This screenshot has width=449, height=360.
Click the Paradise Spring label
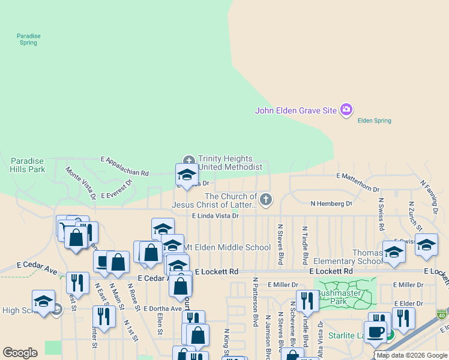click(28, 40)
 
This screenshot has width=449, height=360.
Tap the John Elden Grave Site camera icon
click(346, 110)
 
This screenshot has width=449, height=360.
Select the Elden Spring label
click(374, 121)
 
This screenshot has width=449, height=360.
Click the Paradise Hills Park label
click(28, 165)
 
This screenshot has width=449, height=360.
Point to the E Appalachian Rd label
click(124, 166)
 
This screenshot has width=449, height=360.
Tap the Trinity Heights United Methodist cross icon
click(188, 160)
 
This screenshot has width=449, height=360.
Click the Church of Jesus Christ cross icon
click(265, 198)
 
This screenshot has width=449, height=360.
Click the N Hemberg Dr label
click(331, 204)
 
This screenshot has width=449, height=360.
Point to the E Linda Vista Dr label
click(215, 215)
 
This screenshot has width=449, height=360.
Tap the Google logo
click(20, 353)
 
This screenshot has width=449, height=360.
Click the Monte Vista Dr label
click(80, 183)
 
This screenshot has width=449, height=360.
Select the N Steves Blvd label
click(280, 244)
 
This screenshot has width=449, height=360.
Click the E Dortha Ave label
click(163, 308)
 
